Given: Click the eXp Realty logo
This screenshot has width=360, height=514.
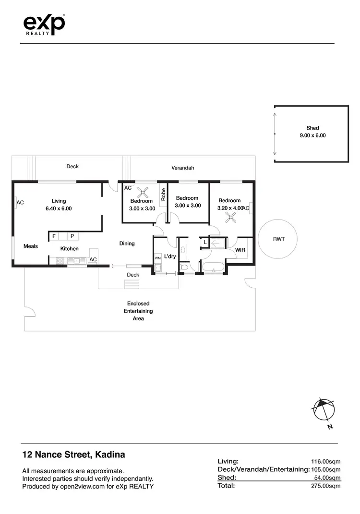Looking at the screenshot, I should coord(44,24).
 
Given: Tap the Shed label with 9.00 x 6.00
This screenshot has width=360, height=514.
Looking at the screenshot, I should coord(312,132).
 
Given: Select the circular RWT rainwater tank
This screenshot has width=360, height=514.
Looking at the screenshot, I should coord(278,238).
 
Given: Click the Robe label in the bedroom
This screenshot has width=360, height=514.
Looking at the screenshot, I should coord(163,194).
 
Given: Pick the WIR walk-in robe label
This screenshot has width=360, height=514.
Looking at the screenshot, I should coord(240,250).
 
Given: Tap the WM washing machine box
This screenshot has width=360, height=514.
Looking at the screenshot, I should coord(157,258).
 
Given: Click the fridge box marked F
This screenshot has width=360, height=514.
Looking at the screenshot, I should coord(54,236).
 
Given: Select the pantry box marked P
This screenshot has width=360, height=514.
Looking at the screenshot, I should coord(72,236).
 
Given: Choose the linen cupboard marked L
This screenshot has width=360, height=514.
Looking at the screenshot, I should coord(205,243).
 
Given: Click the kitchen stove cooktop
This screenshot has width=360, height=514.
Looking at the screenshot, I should coord(60,261).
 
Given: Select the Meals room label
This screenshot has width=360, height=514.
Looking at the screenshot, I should coord(31,246).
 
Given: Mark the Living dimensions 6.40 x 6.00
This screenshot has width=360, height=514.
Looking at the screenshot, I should coord(59,208).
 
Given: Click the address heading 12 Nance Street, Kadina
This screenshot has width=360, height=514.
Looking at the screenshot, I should coord(74,454).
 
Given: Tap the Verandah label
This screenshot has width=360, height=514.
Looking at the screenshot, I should coord(183,168).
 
